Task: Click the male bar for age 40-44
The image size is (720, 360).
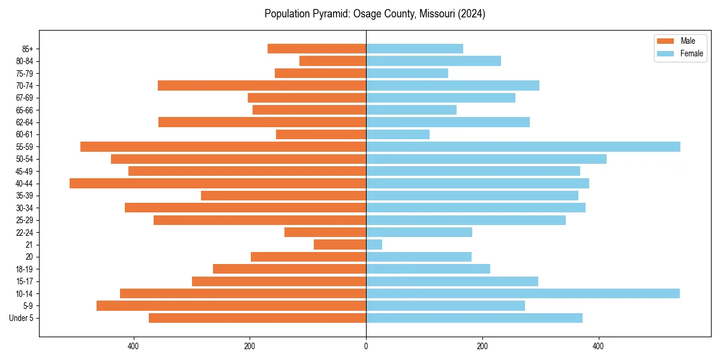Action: tap(218, 183)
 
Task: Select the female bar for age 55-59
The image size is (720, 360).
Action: tap(523, 146)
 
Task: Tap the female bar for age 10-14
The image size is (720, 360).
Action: tap(523, 293)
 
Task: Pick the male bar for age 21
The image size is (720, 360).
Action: tap(340, 245)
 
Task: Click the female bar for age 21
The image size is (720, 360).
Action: tap(374, 245)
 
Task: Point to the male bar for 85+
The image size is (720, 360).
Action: tap(317, 49)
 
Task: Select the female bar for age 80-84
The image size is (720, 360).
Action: tap(433, 61)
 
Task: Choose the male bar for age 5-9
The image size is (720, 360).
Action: tap(231, 306)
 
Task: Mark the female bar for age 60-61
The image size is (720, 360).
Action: tap(398, 134)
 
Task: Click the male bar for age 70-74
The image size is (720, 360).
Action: tap(262, 85)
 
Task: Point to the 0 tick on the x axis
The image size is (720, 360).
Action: tap(366, 346)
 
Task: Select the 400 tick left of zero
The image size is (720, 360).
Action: tap(133, 346)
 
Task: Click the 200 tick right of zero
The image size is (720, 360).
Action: tap(482, 346)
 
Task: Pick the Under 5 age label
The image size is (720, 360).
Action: tap(22, 318)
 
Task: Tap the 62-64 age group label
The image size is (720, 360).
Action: tap(25, 122)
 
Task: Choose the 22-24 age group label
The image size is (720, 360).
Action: tap(25, 232)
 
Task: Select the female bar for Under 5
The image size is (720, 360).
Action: tap(474, 318)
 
